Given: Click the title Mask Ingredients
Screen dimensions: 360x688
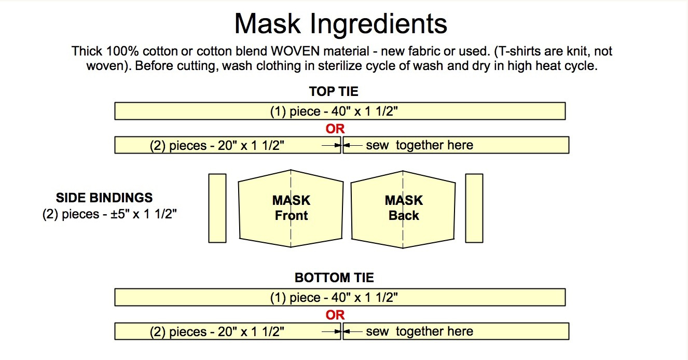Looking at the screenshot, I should (340, 23).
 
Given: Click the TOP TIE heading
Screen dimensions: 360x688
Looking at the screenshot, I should (334, 92).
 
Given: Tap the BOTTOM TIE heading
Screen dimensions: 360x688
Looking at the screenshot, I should (334, 278).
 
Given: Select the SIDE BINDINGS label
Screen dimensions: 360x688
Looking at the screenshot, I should (104, 198).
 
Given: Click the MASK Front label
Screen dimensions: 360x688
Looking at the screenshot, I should (291, 207).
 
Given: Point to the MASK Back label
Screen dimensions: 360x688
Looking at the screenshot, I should (404, 207).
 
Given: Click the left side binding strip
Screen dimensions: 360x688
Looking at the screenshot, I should (217, 208).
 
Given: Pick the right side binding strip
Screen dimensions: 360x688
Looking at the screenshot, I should (474, 208).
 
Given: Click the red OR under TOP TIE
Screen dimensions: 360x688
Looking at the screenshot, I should (335, 129).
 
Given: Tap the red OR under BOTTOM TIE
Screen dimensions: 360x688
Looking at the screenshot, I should (335, 315).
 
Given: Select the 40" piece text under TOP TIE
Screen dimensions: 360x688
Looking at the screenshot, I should (334, 112).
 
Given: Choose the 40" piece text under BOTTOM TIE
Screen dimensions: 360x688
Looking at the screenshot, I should (334, 298).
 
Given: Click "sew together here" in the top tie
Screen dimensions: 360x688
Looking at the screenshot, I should (419, 145).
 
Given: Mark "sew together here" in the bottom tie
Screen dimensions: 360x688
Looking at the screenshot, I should (419, 331).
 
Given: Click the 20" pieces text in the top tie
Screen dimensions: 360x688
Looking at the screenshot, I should (217, 145).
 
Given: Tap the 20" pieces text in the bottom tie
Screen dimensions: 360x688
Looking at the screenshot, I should (217, 331).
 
